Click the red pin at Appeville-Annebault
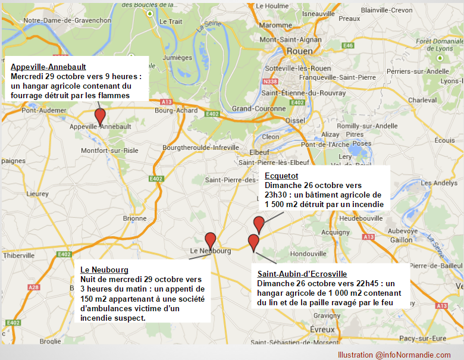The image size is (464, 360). pos(101,116)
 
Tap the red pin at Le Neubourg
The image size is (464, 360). pos(210,240)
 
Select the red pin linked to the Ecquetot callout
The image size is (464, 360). pos(259,224)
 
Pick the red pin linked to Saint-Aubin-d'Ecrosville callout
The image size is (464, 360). pos(253,242)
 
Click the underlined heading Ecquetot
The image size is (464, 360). pos(281,176)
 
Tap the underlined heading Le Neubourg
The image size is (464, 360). pos(104,270)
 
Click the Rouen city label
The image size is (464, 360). pos(299,52)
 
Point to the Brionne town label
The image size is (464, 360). pos(134,218)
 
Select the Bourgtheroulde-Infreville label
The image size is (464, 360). pos(201,148)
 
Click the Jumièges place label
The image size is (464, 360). pos(177,58)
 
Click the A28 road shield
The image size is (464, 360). pos(34,287)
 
